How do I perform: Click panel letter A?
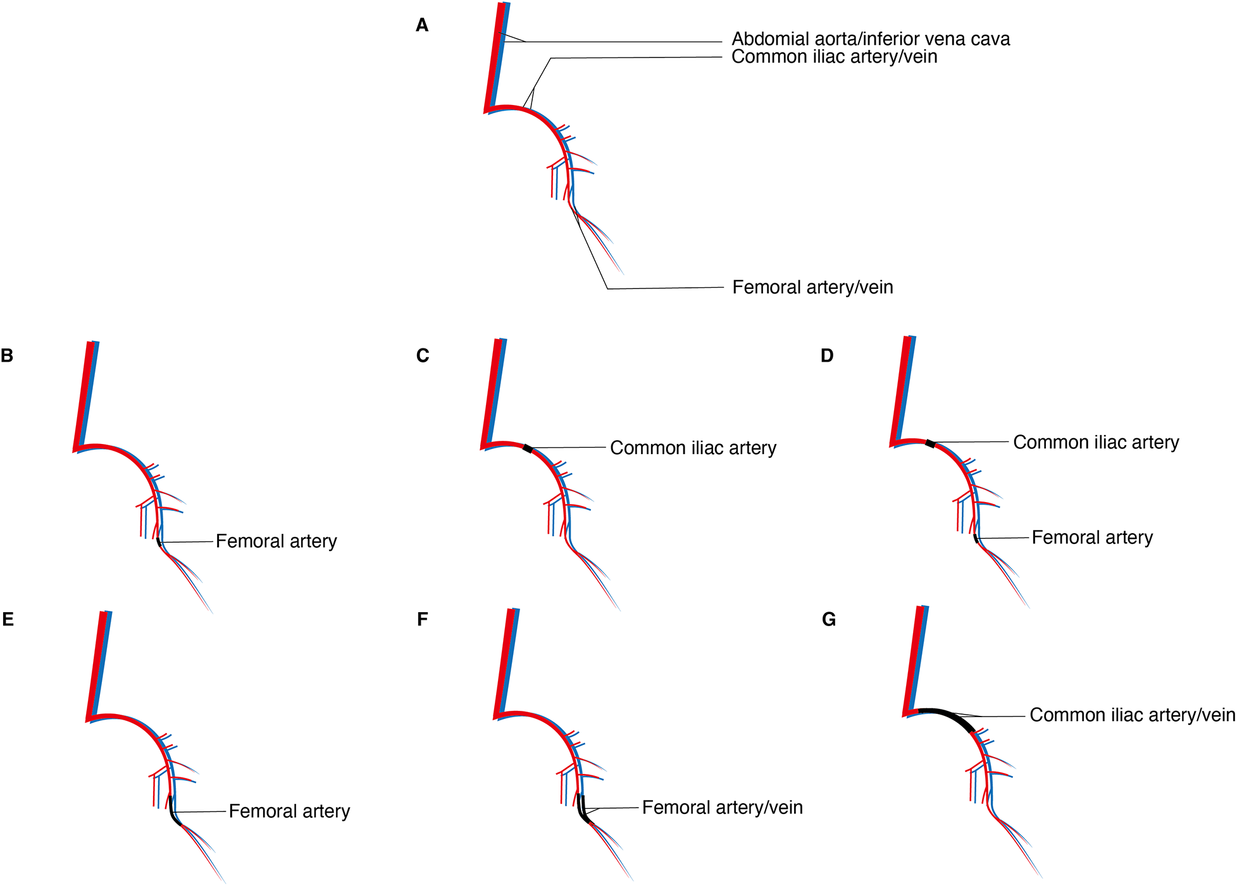click(422, 25)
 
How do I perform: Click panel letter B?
click(7, 355)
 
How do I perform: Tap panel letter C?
click(423, 355)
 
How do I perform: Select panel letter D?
click(827, 355)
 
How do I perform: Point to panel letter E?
click(8, 618)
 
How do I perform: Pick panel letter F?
click(423, 618)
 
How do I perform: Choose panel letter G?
click(829, 619)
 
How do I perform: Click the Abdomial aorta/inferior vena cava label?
click(871, 39)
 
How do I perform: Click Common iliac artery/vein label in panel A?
click(834, 57)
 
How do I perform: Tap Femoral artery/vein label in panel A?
click(812, 287)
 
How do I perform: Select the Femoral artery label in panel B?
click(276, 541)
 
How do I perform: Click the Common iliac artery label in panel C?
click(693, 448)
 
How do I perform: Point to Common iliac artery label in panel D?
click(1096, 442)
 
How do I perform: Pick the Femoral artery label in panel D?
click(1092, 538)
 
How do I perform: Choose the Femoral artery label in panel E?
click(289, 811)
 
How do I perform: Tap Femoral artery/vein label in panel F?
click(722, 808)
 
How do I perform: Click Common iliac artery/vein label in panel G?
click(1132, 715)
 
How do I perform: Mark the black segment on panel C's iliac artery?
click(528, 448)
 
